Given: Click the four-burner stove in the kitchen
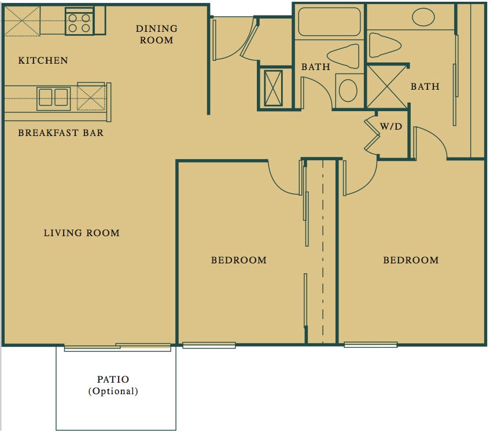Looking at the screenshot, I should tap(79, 22).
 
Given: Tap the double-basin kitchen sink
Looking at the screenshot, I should tap(54, 98).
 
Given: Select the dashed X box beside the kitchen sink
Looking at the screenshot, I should tap(91, 97).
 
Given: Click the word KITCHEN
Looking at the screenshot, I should tap(43, 60).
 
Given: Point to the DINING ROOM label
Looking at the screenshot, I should tap(157, 34).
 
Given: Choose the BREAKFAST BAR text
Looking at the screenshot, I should tap(61, 133).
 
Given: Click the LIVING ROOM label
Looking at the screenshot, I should tap(82, 233).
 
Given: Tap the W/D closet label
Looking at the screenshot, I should tap(391, 126).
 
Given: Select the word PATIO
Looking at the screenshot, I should tap(113, 380).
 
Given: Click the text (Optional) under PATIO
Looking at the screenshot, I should tap(113, 391).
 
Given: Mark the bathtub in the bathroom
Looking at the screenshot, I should tap(329, 22).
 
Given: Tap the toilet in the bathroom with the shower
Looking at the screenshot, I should tap(385, 45).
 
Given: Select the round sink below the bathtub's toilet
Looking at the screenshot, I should tap(348, 91).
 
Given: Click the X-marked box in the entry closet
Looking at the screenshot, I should tap(274, 87).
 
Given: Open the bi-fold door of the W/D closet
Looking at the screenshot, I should tap(371, 136).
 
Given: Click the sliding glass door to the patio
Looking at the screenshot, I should tap(117, 347).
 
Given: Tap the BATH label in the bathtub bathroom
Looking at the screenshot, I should tap(315, 67).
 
